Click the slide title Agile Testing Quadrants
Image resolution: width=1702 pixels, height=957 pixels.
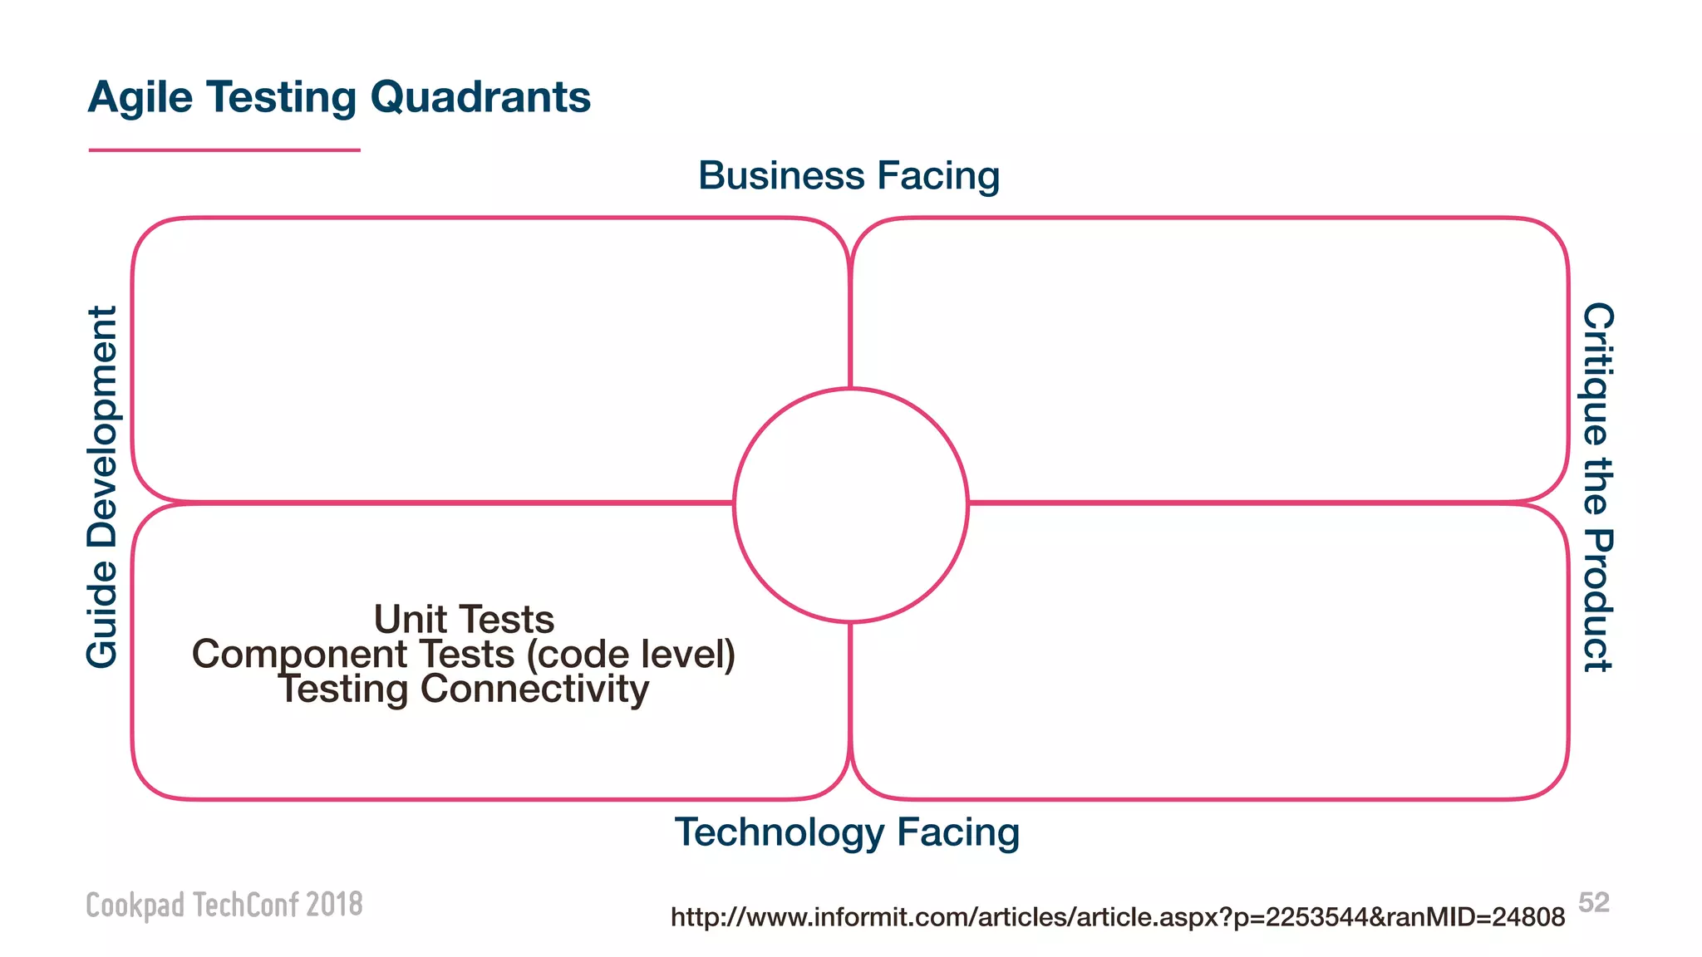pyautogui.click(x=339, y=98)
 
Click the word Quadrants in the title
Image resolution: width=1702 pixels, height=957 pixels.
pyautogui.click(x=480, y=98)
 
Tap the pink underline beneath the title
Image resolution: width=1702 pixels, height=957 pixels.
pyautogui.click(x=224, y=150)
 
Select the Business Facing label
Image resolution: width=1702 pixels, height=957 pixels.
pyautogui.click(x=849, y=176)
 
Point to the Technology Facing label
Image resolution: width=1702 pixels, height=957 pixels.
pyautogui.click(x=847, y=832)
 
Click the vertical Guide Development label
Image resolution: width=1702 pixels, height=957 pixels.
pyautogui.click(x=103, y=487)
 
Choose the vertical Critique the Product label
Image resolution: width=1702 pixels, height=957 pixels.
pyautogui.click(x=1597, y=487)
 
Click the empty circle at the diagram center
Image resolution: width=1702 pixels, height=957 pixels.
pyautogui.click(x=850, y=505)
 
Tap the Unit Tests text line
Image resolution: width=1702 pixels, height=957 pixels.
pyautogui.click(x=464, y=620)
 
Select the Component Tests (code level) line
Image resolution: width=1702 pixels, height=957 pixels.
pyautogui.click(x=464, y=655)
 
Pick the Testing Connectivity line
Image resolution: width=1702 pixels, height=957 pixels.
pyautogui.click(x=464, y=690)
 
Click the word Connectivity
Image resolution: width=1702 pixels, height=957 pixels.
pyautogui.click(x=534, y=690)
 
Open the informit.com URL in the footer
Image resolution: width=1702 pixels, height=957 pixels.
pyautogui.click(x=1117, y=917)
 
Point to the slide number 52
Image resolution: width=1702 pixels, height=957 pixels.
pyautogui.click(x=1594, y=902)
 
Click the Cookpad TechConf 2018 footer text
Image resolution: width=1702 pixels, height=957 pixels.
pyautogui.click(x=224, y=905)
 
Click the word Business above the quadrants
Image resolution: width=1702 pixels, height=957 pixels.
pyautogui.click(x=781, y=176)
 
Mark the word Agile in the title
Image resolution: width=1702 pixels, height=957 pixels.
pyautogui.click(x=140, y=98)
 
